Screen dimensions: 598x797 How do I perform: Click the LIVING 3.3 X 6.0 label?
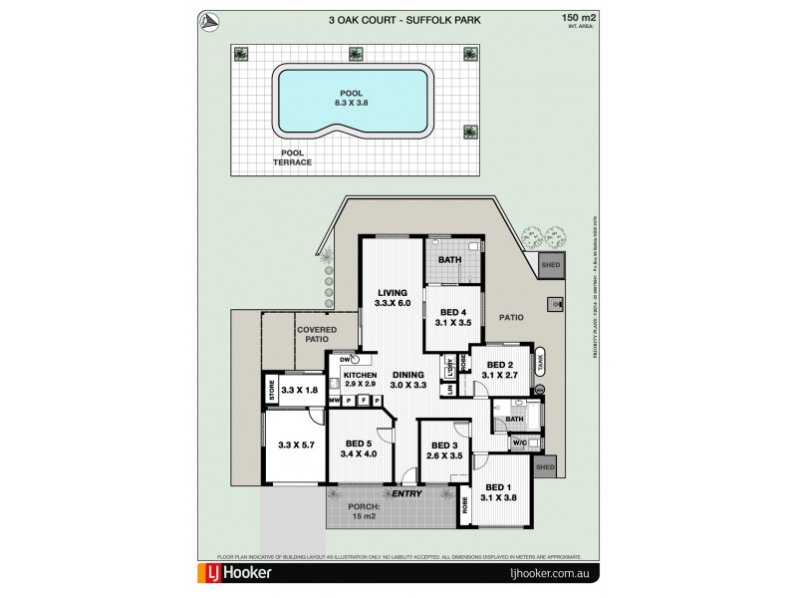[393, 297]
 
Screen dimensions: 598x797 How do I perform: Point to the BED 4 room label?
[452, 316]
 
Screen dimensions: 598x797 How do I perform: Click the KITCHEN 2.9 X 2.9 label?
[333, 379]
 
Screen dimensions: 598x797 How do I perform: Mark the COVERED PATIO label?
[317, 334]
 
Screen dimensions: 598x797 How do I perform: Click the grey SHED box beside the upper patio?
[550, 265]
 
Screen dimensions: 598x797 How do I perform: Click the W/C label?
[519, 443]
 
